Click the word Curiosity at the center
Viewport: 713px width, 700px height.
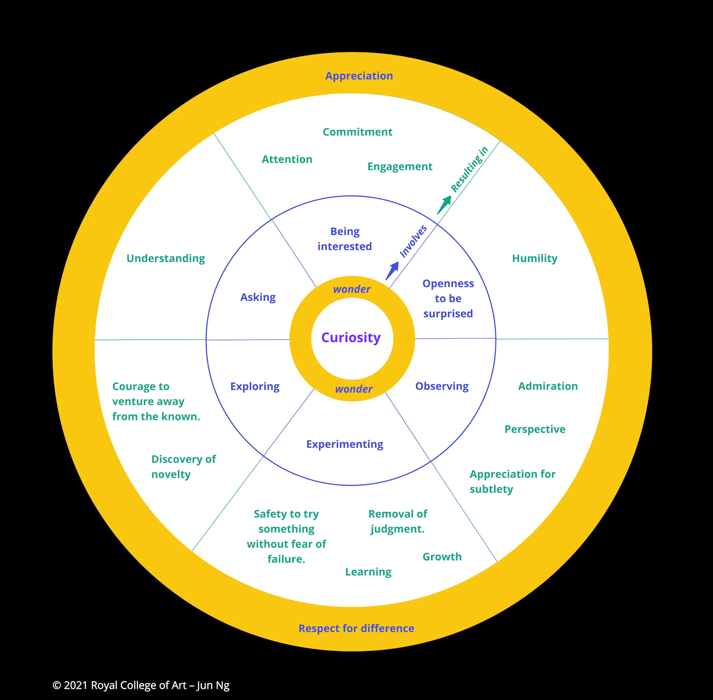coord(351,338)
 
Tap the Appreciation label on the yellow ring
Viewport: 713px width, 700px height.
coord(359,76)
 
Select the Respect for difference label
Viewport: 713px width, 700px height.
coord(356,628)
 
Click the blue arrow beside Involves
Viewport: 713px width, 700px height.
coord(392,270)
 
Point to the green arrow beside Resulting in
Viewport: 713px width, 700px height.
coord(444,204)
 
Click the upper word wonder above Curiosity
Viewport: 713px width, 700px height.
coord(352,289)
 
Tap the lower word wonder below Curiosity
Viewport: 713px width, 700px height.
coord(353,389)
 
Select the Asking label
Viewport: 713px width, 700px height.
coord(258,297)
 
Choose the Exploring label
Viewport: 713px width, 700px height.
coord(254,386)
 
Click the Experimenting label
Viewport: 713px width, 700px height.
coord(344,444)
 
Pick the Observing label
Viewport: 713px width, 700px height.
coord(442,386)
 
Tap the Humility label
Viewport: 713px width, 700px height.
coord(534,258)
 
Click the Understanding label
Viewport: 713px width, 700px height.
coord(165,258)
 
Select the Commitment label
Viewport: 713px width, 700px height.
coord(357,132)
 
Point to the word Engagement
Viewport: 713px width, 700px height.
coord(399,167)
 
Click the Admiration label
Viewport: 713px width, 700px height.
coord(548,386)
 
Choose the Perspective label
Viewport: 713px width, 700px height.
coord(535,429)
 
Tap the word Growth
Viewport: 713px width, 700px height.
coord(442,557)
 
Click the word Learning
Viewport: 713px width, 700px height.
coord(368,572)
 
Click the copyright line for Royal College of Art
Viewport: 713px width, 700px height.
coord(141,685)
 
